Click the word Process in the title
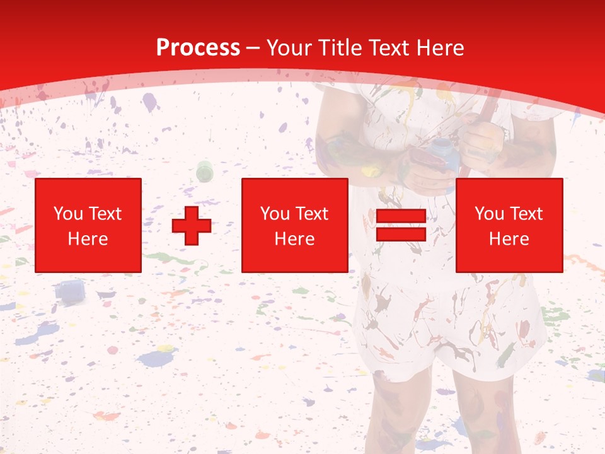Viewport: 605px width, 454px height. click(198, 48)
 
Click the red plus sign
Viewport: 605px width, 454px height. click(192, 226)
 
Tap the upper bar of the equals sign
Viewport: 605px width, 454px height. click(401, 216)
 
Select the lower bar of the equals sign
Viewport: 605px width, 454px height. click(401, 235)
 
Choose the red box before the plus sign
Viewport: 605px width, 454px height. click(88, 225)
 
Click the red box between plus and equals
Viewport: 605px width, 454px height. click(295, 225)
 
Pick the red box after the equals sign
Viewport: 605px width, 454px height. click(509, 225)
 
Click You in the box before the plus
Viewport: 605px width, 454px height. click(67, 214)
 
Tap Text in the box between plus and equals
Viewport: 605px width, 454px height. click(313, 214)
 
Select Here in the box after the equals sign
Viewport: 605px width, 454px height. click(509, 239)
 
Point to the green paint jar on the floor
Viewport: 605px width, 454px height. click(205, 170)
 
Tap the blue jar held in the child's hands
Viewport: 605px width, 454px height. click(444, 154)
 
